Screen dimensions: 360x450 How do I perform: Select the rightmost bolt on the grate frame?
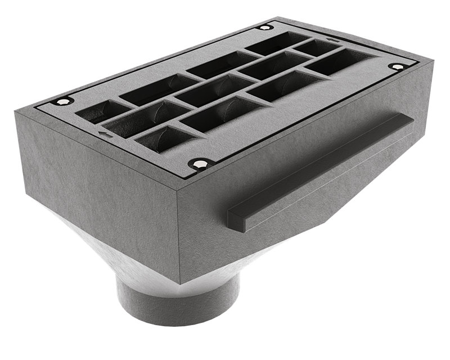[x=398, y=66]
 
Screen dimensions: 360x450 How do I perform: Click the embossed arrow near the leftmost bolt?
[x=101, y=133]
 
